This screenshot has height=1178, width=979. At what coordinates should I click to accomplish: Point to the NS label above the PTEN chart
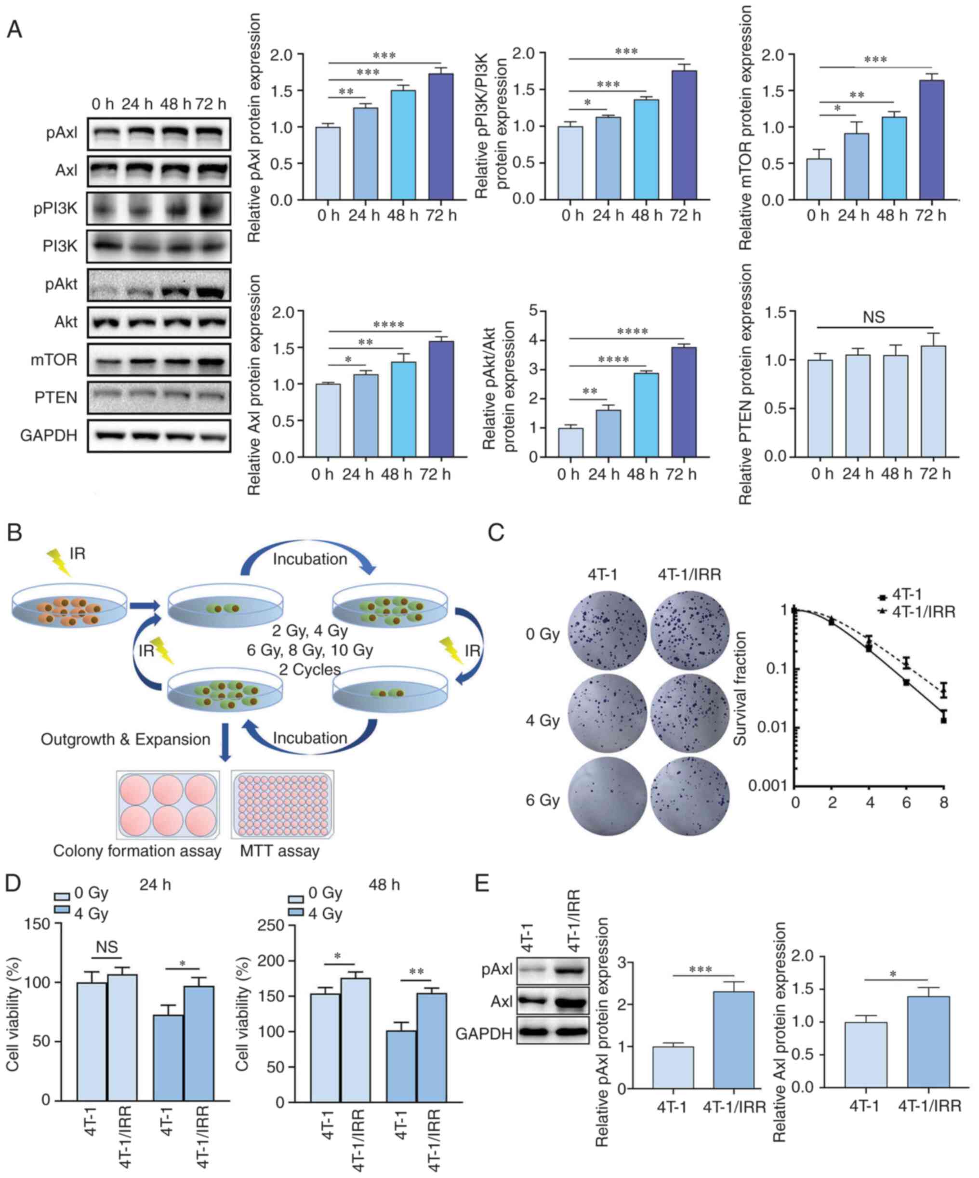click(x=873, y=318)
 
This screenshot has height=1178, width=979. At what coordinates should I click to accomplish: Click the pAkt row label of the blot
click(x=62, y=284)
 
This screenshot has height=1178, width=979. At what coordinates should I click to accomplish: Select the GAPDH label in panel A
click(x=49, y=435)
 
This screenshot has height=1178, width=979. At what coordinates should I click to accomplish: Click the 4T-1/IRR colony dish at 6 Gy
click(x=689, y=799)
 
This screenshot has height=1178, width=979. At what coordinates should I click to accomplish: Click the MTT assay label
click(x=279, y=851)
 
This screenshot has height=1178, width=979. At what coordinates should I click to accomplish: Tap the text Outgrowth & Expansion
click(x=125, y=740)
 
